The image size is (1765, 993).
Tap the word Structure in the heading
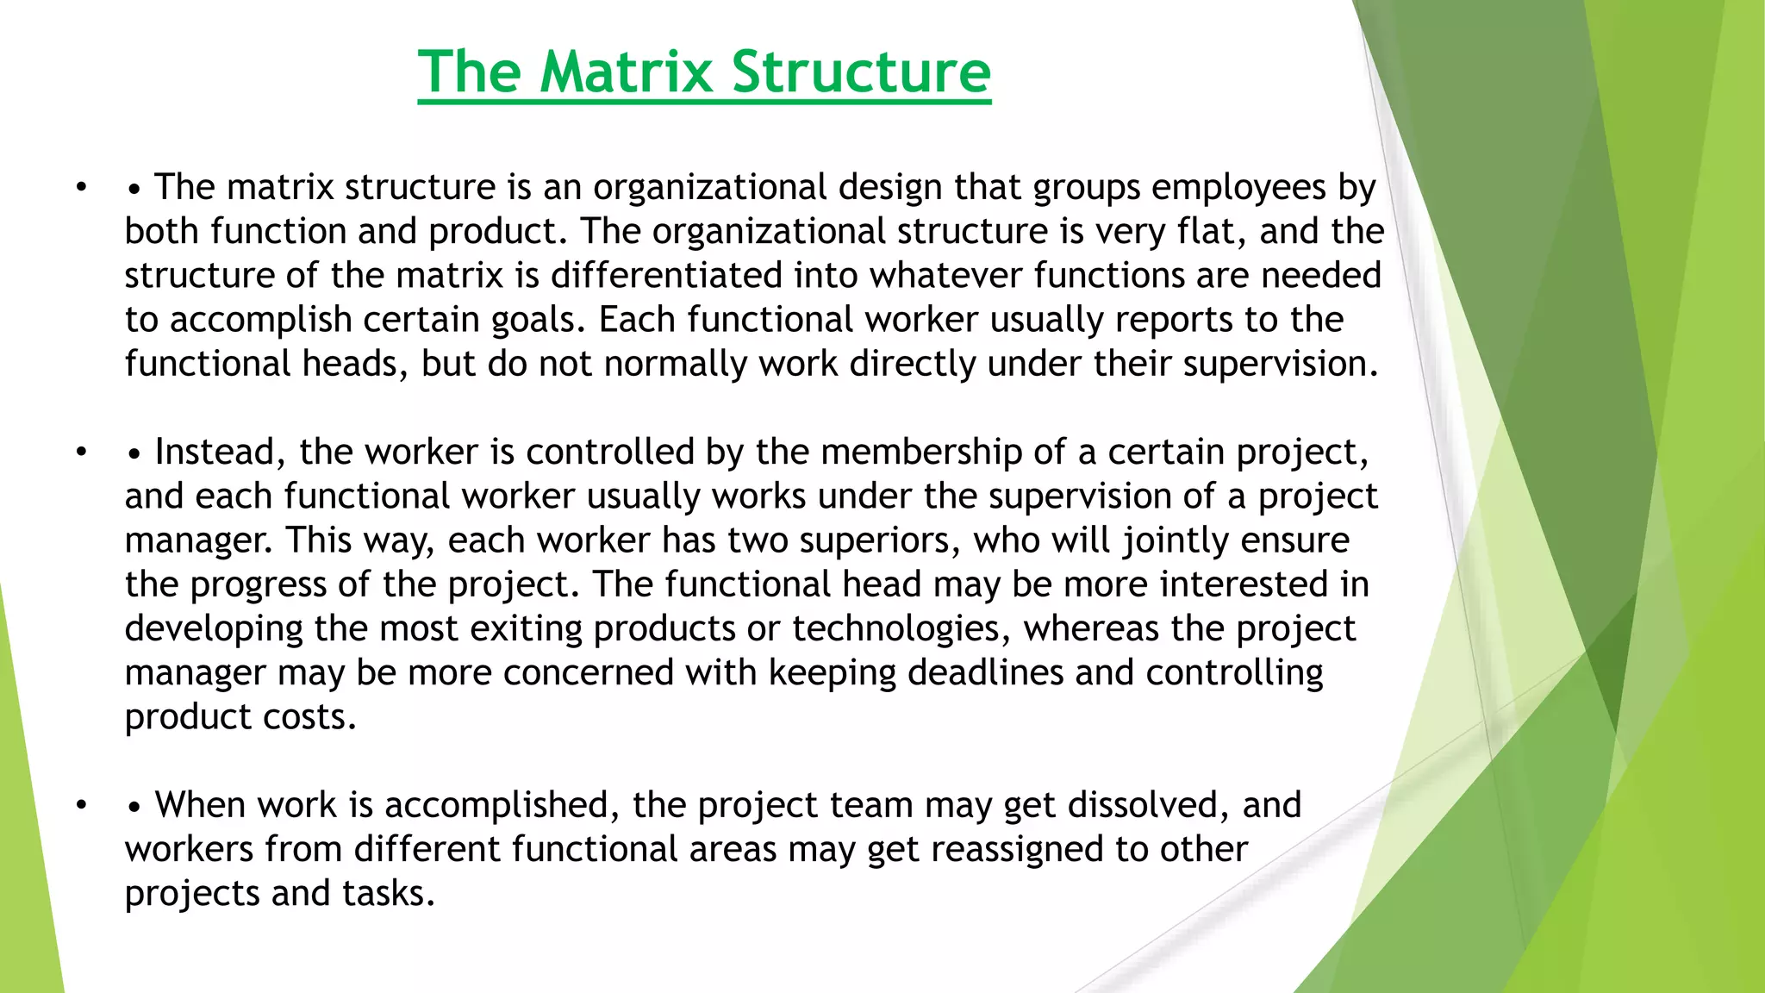click(861, 72)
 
